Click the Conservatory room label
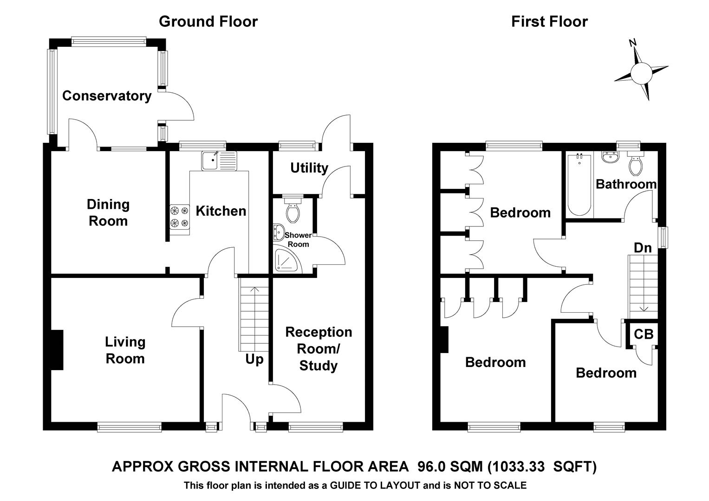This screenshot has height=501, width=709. click(107, 96)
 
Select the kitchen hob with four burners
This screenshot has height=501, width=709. click(180, 217)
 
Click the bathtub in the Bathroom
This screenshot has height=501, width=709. click(579, 185)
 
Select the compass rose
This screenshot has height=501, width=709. click(641, 73)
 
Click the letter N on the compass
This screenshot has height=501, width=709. click(632, 43)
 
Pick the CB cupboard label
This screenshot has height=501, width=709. click(644, 334)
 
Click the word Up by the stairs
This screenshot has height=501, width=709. click(254, 360)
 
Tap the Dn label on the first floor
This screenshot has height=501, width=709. click(643, 248)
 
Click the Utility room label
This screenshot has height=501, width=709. click(309, 168)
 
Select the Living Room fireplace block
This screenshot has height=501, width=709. click(57, 350)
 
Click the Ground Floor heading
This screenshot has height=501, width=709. click(208, 21)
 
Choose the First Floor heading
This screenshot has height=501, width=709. click(549, 21)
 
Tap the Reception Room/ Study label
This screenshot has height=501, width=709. click(319, 349)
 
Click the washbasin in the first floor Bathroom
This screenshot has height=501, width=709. click(609, 158)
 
